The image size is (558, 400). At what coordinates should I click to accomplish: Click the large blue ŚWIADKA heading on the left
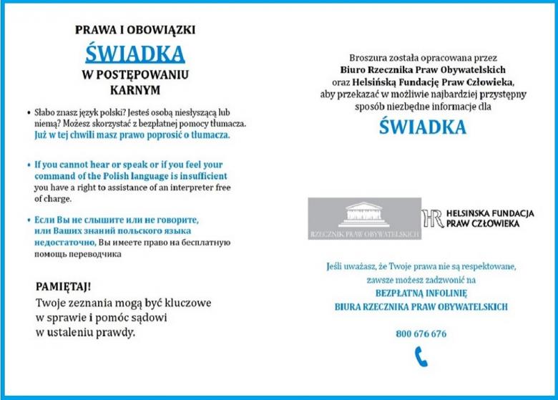(x=134, y=53)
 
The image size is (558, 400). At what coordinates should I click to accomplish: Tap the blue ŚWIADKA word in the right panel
(x=422, y=127)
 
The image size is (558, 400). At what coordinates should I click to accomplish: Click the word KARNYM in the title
(x=135, y=91)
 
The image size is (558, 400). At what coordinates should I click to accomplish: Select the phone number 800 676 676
(x=421, y=333)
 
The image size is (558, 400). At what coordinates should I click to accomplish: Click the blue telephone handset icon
(x=421, y=356)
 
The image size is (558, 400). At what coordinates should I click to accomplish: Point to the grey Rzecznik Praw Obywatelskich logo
(x=364, y=218)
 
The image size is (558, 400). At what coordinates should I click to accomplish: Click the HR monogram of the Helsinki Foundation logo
(x=432, y=218)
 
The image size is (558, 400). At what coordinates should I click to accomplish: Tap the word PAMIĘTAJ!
(x=63, y=287)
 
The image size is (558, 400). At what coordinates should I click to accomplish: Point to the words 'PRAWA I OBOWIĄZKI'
(x=135, y=30)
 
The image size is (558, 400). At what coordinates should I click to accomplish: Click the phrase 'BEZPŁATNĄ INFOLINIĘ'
(x=421, y=293)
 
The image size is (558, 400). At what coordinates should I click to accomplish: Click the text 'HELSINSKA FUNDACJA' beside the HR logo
(x=490, y=213)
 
